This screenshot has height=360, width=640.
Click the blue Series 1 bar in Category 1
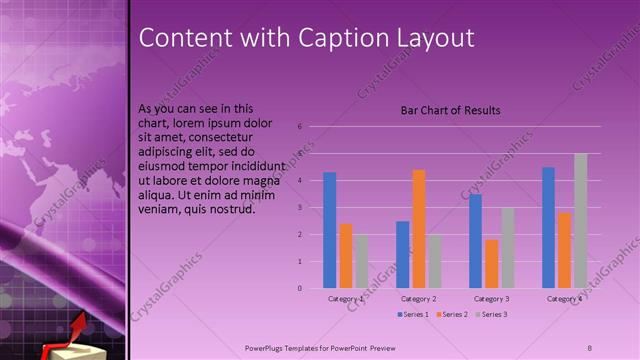[x=330, y=230]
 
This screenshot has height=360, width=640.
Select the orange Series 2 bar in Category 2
[x=418, y=229]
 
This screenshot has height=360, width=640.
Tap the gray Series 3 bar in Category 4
[x=580, y=221]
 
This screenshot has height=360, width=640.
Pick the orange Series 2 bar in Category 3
[x=492, y=264]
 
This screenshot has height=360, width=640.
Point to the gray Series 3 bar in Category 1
[x=361, y=262]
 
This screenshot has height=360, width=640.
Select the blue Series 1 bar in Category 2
[x=403, y=255]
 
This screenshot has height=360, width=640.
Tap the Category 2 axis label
[x=419, y=299]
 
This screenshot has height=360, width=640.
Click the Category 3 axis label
[x=492, y=299]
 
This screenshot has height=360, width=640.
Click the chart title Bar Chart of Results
[x=450, y=110]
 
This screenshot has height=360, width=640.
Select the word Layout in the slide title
[x=435, y=38]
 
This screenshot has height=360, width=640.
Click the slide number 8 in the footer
[x=590, y=346]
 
